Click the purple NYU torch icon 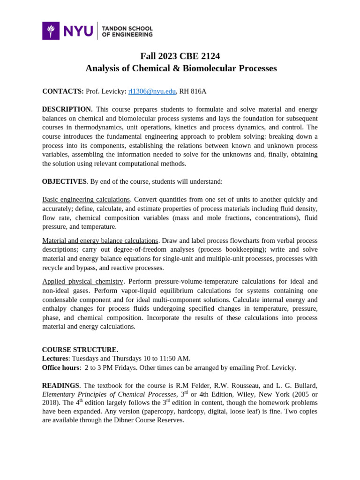click(51, 31)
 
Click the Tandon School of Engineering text click(127, 31)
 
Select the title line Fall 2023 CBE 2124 click(180, 56)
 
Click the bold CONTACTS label click(63, 91)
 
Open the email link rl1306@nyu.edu click(152, 91)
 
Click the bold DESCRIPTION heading click(67, 109)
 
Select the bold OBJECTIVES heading click(64, 181)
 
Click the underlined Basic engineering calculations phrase click(86, 199)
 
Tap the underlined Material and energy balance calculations click(100, 240)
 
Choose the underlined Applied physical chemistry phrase click(82, 281)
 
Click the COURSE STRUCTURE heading click(80, 350)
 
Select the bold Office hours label click(60, 367)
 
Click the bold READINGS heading click(60, 385)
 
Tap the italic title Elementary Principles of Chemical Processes click(109, 394)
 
